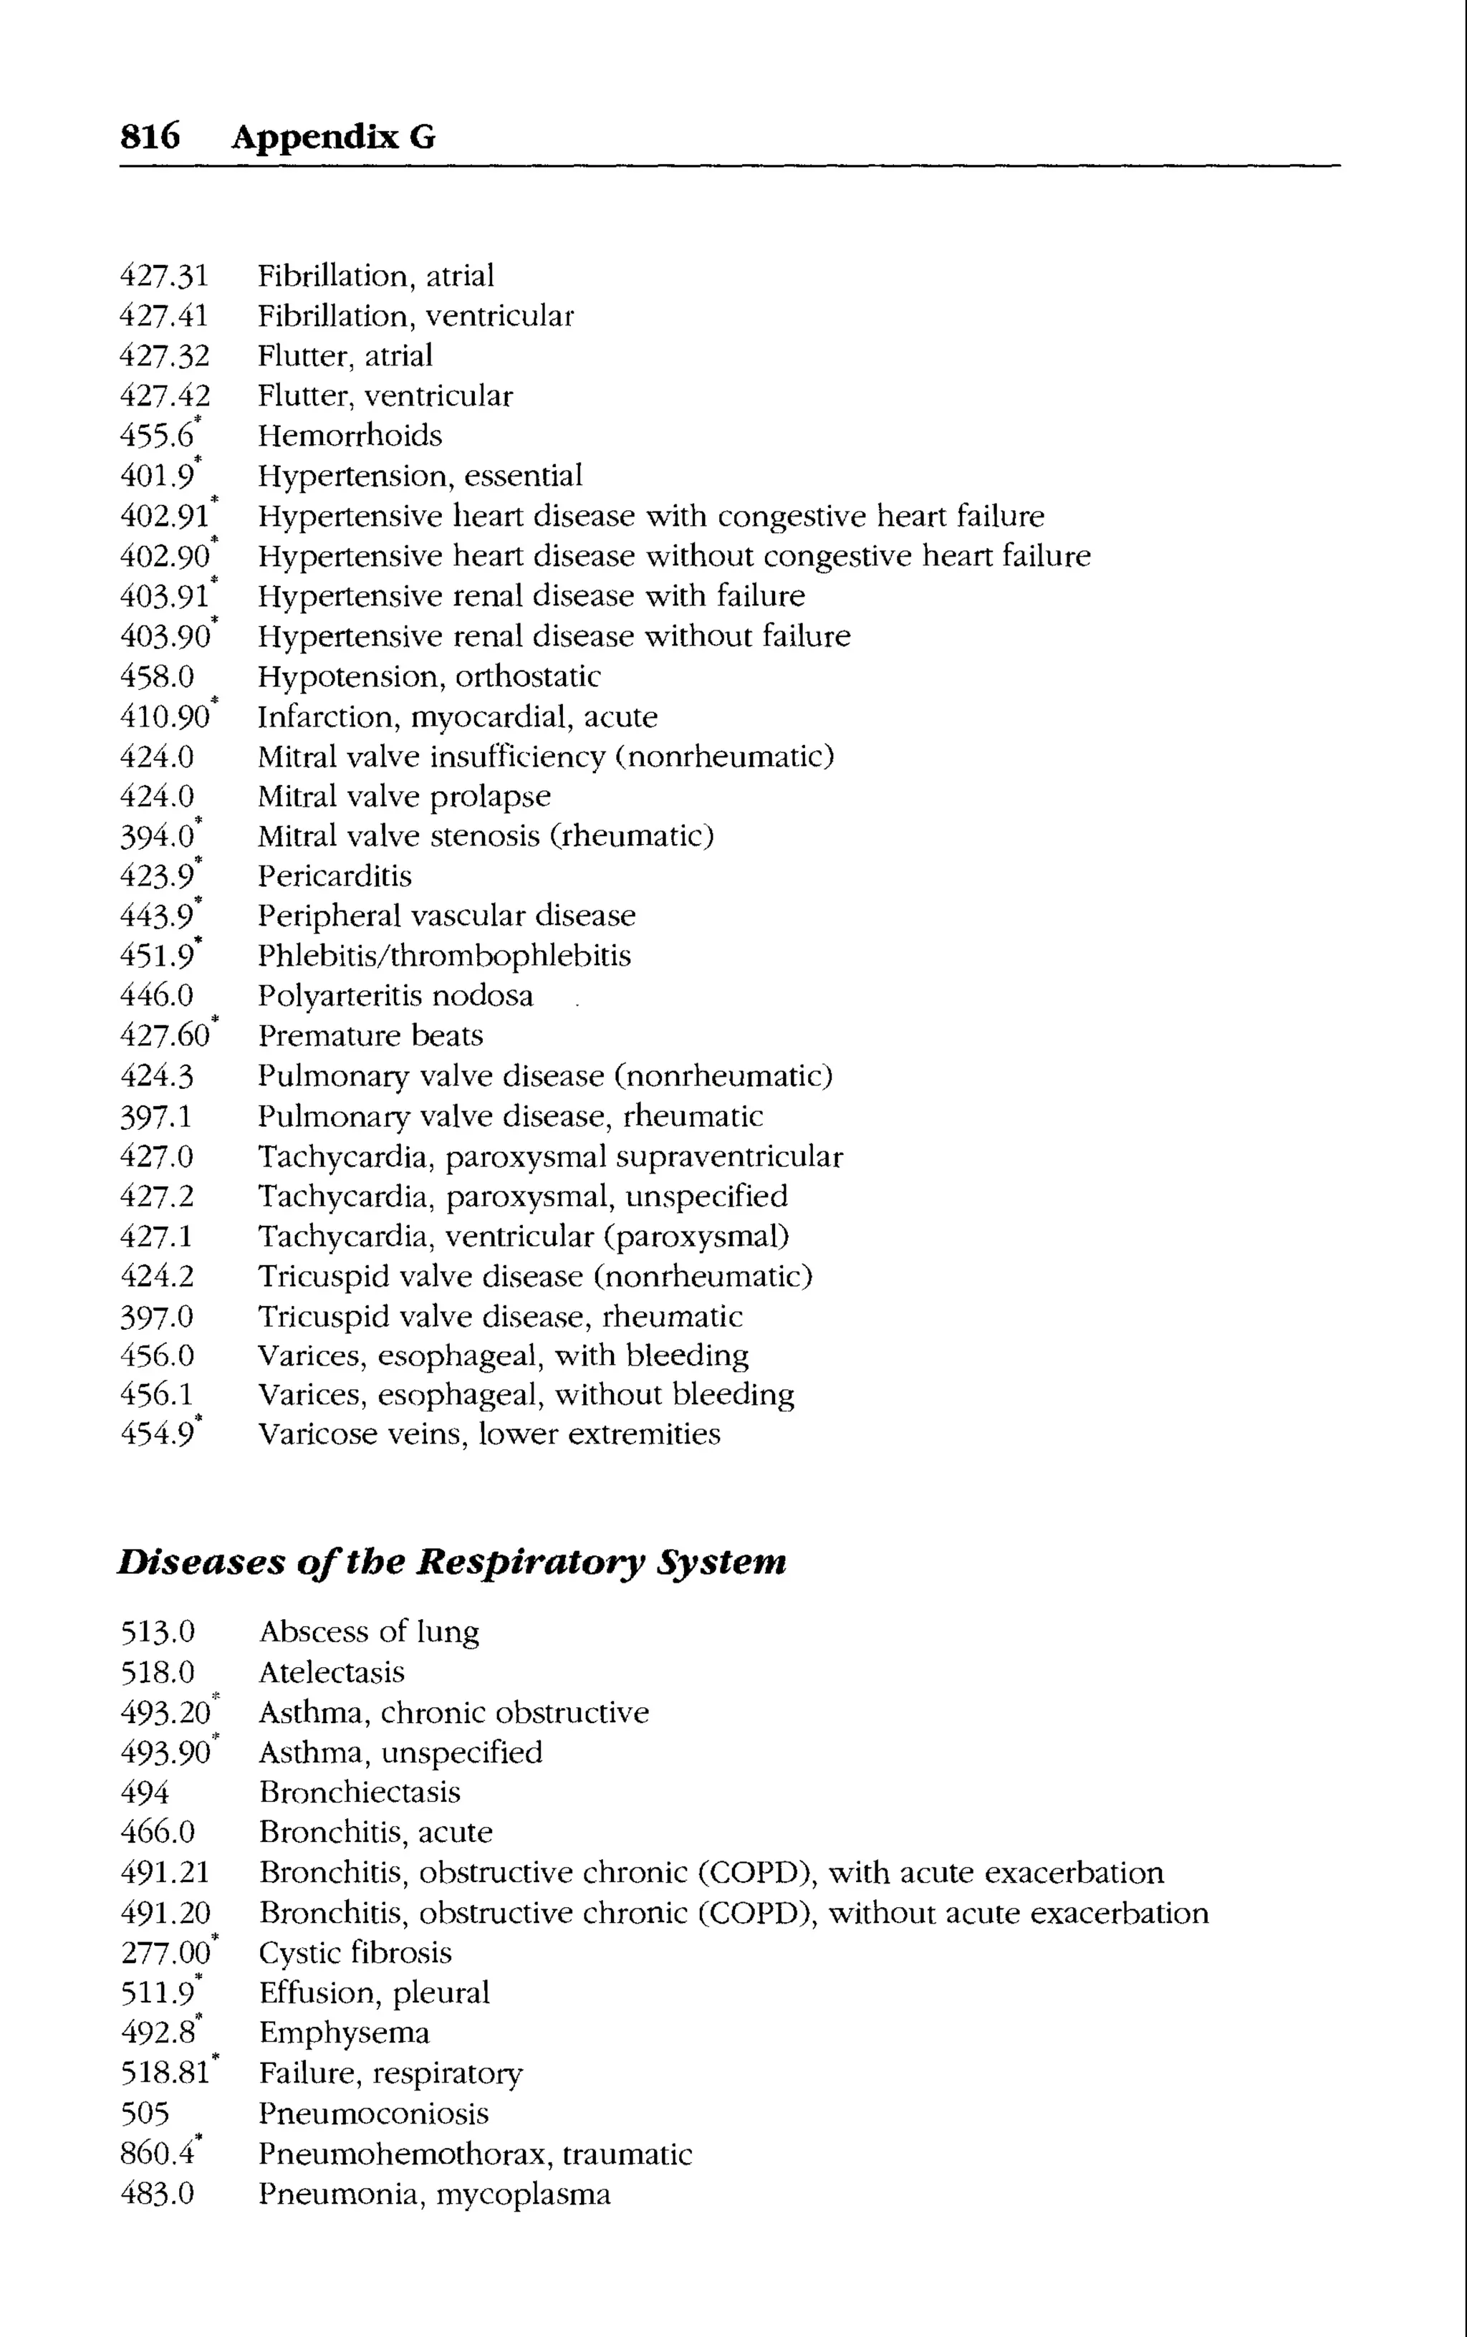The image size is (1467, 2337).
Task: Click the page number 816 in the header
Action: pos(150,137)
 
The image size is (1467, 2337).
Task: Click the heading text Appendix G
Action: pos(333,137)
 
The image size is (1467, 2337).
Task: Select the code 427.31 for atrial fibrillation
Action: pos(163,277)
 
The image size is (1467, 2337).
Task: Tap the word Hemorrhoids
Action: pos(350,436)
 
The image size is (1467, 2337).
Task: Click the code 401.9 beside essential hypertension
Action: pos(156,476)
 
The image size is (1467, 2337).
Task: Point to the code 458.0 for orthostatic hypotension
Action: pos(156,676)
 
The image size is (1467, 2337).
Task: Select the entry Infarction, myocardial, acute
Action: pos(457,717)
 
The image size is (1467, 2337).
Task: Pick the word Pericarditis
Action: pos(335,876)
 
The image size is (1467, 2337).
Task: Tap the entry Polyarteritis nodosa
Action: pos(395,997)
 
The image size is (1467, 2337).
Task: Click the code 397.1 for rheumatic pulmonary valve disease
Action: pos(156,1117)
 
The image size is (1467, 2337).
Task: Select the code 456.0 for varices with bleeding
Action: pos(156,1355)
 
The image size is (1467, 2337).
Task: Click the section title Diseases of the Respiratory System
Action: pos(451,1562)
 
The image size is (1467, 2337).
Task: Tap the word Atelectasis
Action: pos(332,1672)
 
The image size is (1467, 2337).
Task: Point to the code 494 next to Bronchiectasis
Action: pos(145,1792)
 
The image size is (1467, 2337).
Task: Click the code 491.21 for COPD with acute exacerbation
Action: pos(164,1872)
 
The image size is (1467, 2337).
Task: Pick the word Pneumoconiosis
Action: pos(373,2113)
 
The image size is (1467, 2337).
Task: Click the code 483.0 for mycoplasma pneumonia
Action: pos(157,2194)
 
